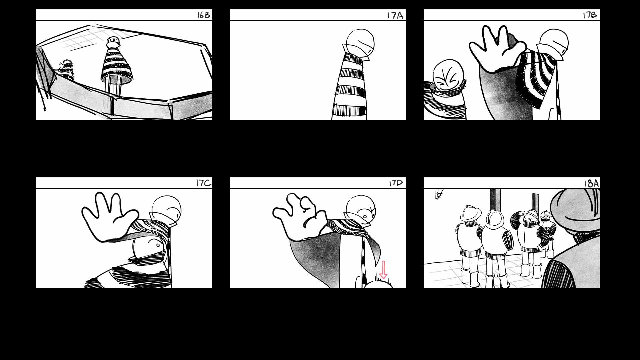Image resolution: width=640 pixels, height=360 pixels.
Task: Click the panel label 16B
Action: click(x=204, y=15)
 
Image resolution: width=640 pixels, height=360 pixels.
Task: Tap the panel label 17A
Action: click(x=395, y=16)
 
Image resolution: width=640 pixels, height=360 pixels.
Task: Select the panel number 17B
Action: click(x=590, y=15)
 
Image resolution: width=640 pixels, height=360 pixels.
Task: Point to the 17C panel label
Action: click(x=203, y=183)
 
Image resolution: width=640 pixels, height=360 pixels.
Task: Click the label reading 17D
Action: click(x=396, y=183)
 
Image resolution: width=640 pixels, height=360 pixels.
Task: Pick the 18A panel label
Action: click(x=591, y=183)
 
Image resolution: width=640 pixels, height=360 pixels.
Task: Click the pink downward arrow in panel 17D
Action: click(x=383, y=270)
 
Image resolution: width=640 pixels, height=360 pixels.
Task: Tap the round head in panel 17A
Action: click(x=360, y=42)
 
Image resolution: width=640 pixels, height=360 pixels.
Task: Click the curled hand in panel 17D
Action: click(x=300, y=216)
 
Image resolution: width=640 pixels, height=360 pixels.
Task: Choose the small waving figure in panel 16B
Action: click(x=67, y=70)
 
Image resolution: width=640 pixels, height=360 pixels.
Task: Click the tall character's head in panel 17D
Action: click(x=361, y=209)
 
